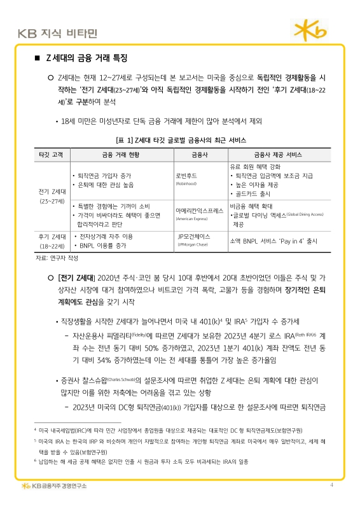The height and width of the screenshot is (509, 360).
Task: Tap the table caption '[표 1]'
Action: tap(122, 139)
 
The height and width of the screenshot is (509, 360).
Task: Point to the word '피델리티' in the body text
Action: tap(117, 335)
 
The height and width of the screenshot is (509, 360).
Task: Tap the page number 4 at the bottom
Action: tap(331, 486)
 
